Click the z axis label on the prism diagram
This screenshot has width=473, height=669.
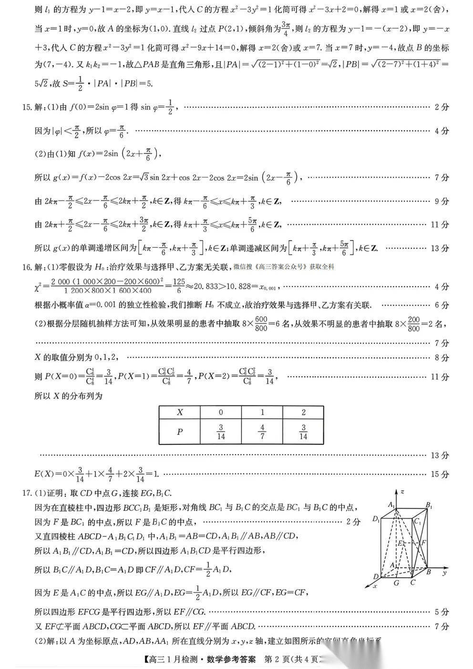click(403, 492)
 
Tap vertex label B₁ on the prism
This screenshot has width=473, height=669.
click(429, 505)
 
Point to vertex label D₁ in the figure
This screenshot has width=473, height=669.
click(376, 519)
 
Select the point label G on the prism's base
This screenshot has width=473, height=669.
click(396, 583)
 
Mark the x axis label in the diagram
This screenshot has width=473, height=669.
click(375, 586)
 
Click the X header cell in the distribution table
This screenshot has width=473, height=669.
click(180, 412)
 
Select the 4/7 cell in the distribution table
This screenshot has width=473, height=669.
click(262, 432)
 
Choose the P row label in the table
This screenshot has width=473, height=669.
click(180, 432)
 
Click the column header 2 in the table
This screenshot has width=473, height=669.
click(303, 412)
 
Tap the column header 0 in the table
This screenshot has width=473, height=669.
click(221, 412)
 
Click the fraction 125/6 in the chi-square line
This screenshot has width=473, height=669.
click(179, 286)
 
